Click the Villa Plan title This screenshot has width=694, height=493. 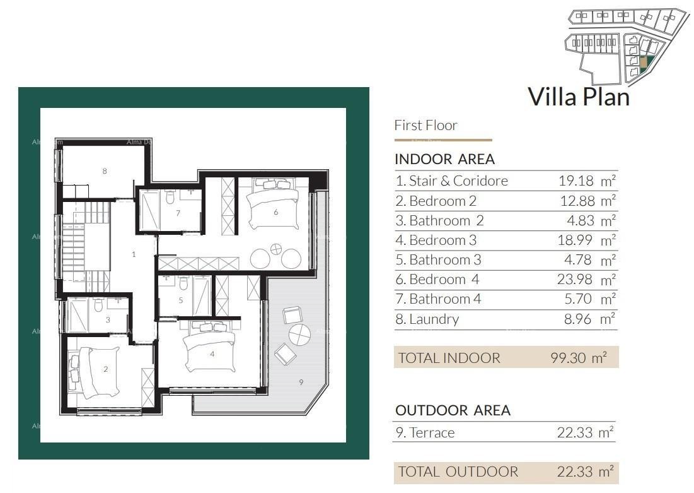[578, 97]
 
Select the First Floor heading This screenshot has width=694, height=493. [425, 126]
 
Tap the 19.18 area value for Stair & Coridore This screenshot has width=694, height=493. [576, 181]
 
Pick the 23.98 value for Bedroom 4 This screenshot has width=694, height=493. [576, 280]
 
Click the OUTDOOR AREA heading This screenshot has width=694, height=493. [453, 410]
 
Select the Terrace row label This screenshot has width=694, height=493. [425, 433]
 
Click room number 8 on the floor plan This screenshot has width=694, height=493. [105, 171]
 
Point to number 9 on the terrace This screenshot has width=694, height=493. [301, 381]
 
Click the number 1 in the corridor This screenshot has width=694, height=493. [134, 254]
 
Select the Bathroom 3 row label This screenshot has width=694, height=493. [438, 260]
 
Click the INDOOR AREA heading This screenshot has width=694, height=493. [444, 159]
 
